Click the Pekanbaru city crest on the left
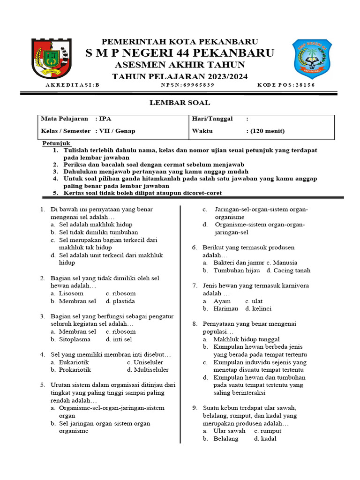(52, 58)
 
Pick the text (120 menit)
(265, 131)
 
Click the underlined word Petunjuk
(56, 142)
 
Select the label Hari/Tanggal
(212, 119)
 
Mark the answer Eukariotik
(74, 362)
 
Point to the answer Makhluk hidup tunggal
(246, 339)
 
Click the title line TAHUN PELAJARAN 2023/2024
(180, 76)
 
